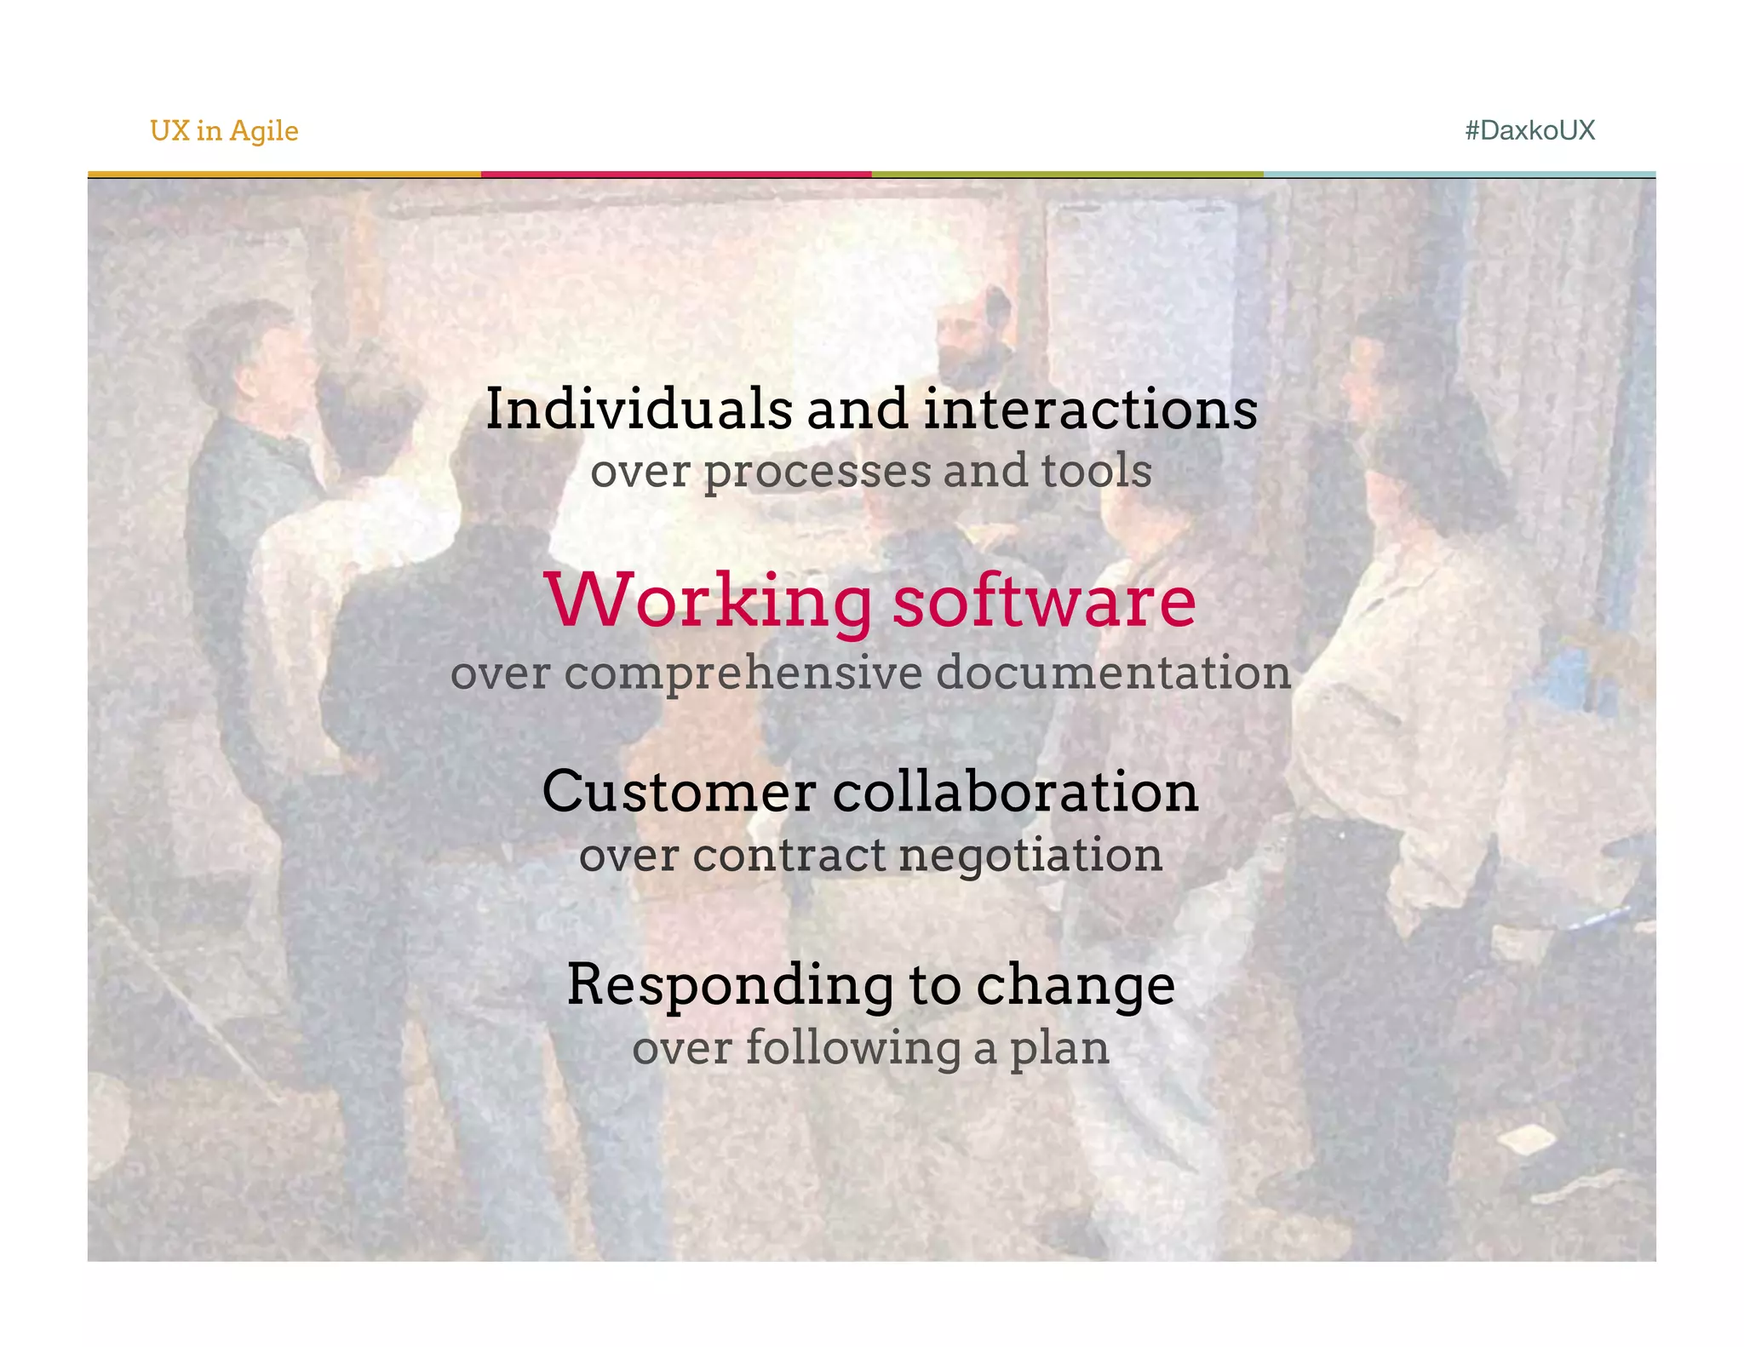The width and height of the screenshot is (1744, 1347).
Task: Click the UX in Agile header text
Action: [224, 130]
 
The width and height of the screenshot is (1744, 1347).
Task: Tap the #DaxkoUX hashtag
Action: [1529, 130]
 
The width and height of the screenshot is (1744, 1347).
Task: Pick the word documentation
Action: [1114, 672]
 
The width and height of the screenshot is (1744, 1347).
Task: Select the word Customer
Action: [679, 791]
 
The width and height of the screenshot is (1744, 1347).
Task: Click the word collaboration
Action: [1015, 791]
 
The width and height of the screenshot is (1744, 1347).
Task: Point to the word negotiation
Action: [1030, 855]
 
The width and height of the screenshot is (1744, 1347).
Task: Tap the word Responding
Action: [731, 985]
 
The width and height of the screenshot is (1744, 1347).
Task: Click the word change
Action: [1076, 985]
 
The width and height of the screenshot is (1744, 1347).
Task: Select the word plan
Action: [1059, 1049]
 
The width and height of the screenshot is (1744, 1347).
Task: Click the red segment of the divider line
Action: [676, 175]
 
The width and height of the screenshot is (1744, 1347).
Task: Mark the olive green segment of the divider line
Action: [1067, 175]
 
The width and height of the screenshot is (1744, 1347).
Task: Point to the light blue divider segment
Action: [1460, 175]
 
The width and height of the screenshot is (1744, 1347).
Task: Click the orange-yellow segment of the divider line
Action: [284, 175]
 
